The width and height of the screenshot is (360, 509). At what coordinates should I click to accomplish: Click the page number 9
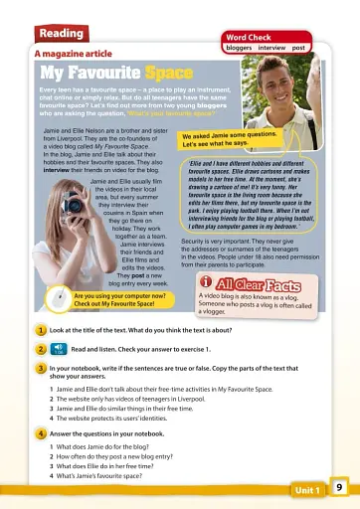[x=339, y=487]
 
